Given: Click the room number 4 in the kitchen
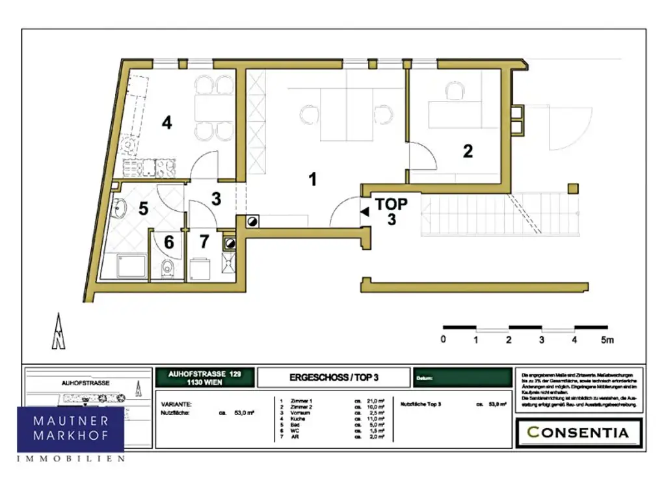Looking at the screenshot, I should click(167, 122).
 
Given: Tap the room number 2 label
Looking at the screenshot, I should click(468, 152).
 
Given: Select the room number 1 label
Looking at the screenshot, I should click(313, 179).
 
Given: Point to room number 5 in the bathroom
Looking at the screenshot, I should click(144, 210).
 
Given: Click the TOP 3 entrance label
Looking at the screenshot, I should click(392, 211).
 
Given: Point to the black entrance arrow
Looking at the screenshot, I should click(365, 211).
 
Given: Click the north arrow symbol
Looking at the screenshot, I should click(59, 331).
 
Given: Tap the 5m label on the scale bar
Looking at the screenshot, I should click(607, 340).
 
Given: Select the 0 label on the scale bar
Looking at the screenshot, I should click(443, 340).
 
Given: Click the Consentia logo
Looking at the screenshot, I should click(578, 433).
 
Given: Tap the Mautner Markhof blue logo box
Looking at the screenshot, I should click(70, 429).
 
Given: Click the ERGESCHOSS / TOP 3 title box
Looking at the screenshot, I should click(333, 377).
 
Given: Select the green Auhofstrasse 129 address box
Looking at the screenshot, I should click(204, 377).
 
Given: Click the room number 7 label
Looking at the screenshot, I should click(204, 242).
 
